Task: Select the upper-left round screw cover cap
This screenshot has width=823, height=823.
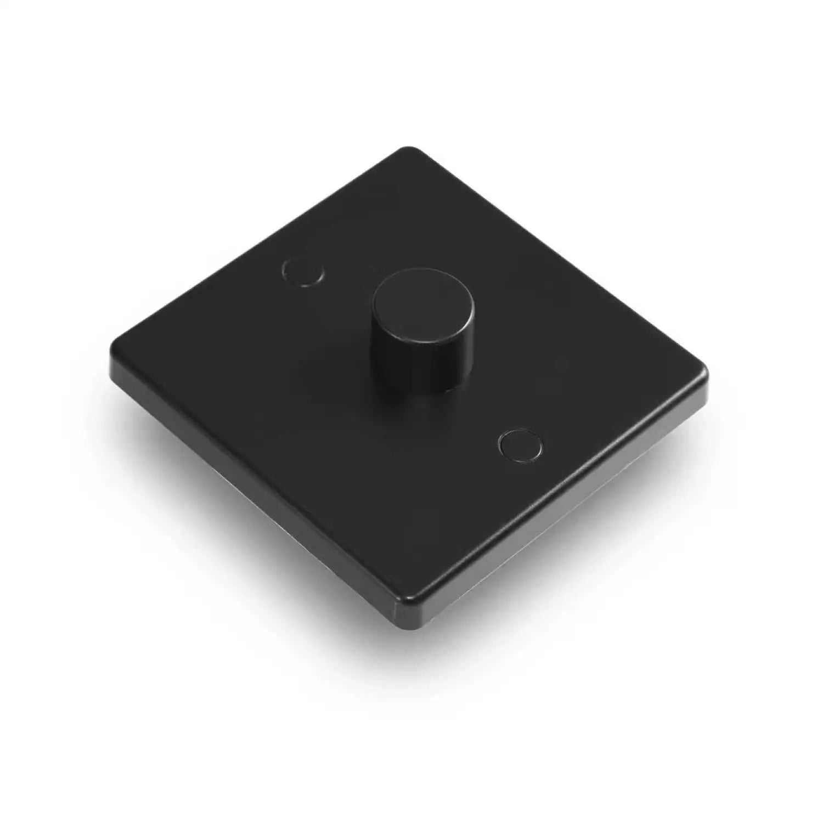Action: (302, 272)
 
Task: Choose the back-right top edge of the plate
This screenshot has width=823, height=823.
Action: (560, 258)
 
